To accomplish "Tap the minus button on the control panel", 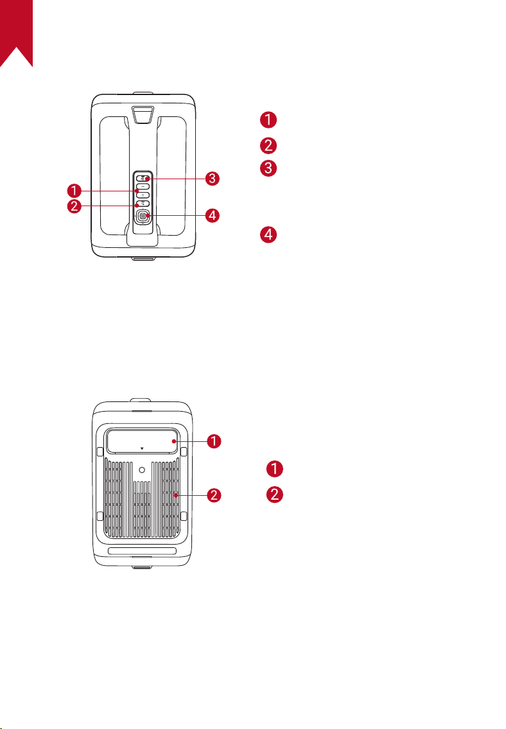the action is click(x=143, y=187).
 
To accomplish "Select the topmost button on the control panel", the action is click(x=143, y=179).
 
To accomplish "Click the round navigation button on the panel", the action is click(x=143, y=216).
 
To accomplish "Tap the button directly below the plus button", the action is click(x=143, y=204).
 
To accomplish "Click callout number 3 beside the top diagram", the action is click(x=213, y=179).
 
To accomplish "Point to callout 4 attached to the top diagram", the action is click(x=213, y=215).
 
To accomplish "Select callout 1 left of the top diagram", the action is click(x=74, y=191).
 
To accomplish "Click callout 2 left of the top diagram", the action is click(x=74, y=206).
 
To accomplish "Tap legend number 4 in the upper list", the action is click(x=268, y=234).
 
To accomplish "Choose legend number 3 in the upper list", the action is click(x=268, y=168).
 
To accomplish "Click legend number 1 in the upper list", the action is click(x=268, y=119).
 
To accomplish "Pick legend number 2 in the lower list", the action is click(x=275, y=494).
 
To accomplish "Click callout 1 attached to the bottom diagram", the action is click(x=214, y=441).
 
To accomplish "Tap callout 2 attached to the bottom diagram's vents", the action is click(x=214, y=495).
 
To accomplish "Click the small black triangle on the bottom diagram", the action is click(x=142, y=449).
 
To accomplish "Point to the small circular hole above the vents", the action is click(x=142, y=470).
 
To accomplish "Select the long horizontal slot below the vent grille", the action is click(x=142, y=551).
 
